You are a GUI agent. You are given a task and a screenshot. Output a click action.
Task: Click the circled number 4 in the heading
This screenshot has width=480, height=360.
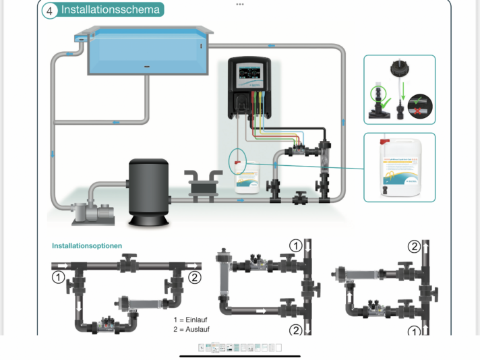[49, 10]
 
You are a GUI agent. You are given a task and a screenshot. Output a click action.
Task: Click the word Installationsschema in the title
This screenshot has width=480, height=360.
[111, 10]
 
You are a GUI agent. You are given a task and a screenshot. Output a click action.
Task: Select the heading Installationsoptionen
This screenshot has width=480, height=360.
[87, 246]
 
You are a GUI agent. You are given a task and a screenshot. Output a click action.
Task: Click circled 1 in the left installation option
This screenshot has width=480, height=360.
[59, 276]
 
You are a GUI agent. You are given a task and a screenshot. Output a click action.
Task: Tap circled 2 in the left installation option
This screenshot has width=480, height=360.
[195, 276]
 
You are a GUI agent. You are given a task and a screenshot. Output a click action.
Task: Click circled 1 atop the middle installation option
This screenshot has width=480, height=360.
[295, 246]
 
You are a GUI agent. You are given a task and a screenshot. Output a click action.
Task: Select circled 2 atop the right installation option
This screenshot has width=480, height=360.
[414, 247]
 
